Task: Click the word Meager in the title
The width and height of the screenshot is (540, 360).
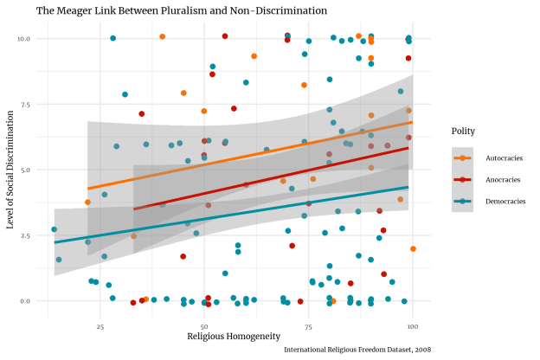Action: [x=79, y=11]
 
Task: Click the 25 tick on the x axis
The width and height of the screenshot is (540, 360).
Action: [x=100, y=327]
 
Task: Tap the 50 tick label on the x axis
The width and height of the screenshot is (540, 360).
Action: [x=204, y=327]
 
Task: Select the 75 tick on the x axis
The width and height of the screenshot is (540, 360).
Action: [x=309, y=327]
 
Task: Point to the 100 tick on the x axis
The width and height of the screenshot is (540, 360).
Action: [x=413, y=327]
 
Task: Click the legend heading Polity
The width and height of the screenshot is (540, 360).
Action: [x=463, y=132]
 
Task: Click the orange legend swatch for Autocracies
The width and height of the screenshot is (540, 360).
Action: [x=463, y=157]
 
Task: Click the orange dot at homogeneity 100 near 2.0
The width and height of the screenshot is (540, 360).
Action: [x=414, y=249]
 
